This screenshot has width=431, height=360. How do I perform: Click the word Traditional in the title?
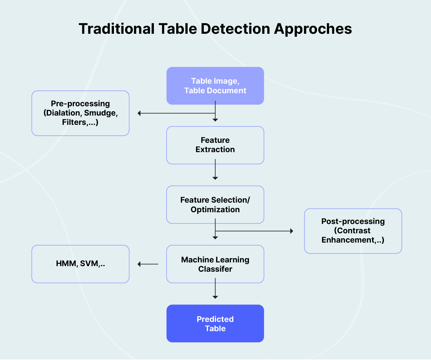click(x=116, y=29)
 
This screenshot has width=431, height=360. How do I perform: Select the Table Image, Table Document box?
click(x=215, y=86)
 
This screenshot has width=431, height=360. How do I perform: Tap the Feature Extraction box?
click(x=215, y=145)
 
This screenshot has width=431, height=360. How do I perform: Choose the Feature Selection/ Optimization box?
click(x=215, y=204)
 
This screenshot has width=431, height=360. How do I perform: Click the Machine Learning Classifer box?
click(x=215, y=264)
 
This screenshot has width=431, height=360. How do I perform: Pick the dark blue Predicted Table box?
click(x=215, y=323)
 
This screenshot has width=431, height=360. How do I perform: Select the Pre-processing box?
click(x=81, y=113)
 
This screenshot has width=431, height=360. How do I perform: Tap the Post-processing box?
click(x=353, y=231)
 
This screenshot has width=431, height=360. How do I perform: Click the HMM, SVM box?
click(x=81, y=264)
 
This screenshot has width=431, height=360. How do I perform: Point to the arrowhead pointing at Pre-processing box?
click(x=139, y=113)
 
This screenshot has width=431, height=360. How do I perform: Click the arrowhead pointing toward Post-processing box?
click(x=291, y=231)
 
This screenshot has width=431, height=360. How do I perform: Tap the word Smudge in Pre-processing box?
click(x=100, y=113)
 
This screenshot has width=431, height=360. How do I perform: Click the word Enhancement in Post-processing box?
click(x=348, y=240)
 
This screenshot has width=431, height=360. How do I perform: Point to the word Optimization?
click(x=215, y=210)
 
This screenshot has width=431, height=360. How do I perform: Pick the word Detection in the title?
click(x=235, y=29)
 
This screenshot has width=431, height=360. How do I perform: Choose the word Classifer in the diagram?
click(x=215, y=269)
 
